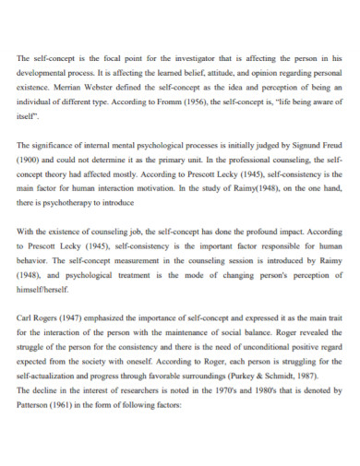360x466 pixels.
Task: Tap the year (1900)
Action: [30, 161]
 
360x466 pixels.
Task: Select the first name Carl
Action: [26, 317]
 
